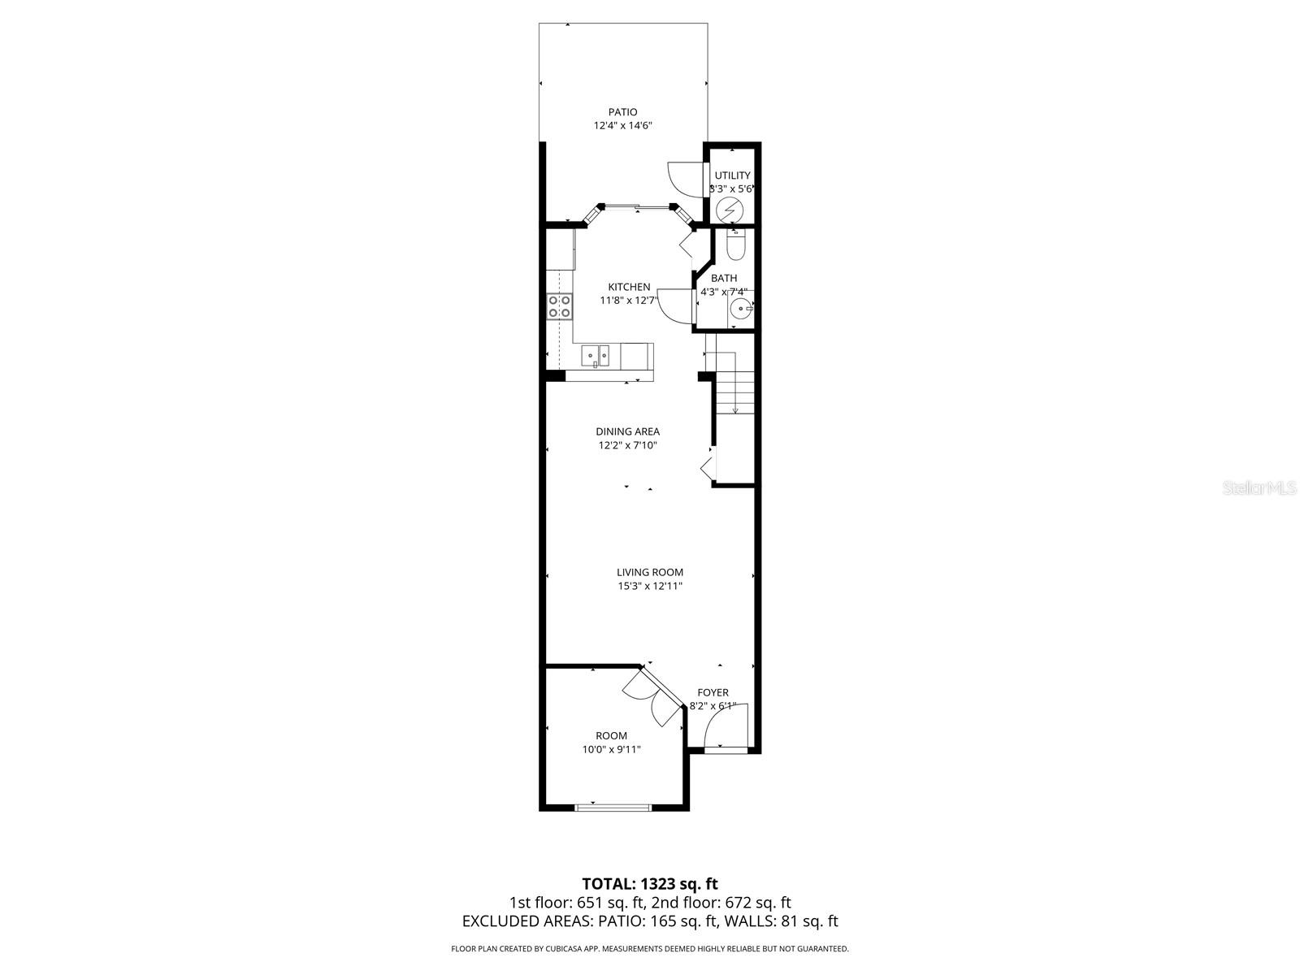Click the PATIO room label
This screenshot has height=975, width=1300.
click(x=622, y=112)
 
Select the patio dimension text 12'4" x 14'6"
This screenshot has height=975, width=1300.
click(x=622, y=126)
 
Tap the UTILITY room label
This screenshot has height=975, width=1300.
click(x=732, y=175)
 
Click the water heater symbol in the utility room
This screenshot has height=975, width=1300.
click(x=730, y=209)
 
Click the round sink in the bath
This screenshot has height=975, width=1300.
click(x=740, y=309)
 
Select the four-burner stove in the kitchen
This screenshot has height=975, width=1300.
click(x=559, y=306)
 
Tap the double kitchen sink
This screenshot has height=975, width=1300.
click(x=596, y=354)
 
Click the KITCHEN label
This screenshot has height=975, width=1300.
click(x=629, y=287)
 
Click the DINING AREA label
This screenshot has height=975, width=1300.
click(x=627, y=431)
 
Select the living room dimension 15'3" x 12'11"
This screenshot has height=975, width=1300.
click(x=649, y=586)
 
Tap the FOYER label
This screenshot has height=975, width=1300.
click(x=713, y=693)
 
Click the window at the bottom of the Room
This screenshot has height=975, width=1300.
click(x=613, y=807)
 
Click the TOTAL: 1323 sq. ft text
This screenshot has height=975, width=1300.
click(x=649, y=883)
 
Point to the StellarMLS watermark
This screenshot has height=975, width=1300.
click(x=1262, y=488)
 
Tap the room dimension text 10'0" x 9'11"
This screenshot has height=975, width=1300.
click(x=611, y=750)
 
